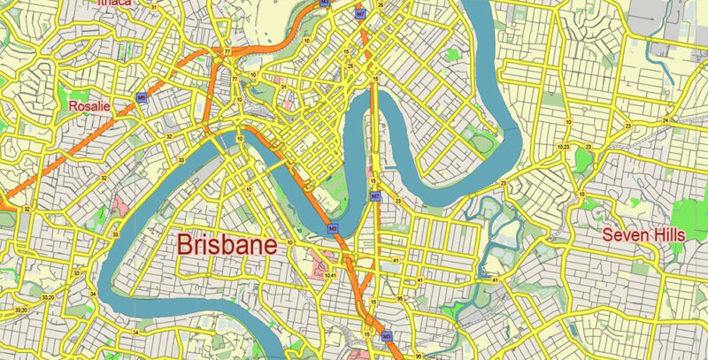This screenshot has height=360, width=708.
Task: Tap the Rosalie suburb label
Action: click(x=88, y=106)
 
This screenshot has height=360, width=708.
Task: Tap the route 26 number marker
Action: click(x=381, y=5)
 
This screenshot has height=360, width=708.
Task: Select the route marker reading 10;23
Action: click(x=563, y=146)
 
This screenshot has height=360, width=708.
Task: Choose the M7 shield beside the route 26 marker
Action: click(x=359, y=15)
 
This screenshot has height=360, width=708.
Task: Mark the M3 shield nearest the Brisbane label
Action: click(x=334, y=229)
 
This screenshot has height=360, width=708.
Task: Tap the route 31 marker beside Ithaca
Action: click(x=154, y=8)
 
